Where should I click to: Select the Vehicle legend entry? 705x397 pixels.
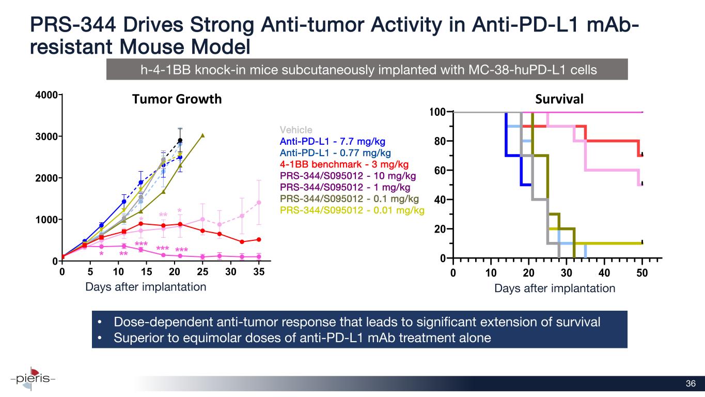pos(296,130)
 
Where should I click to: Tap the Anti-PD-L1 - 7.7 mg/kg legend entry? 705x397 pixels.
pos(332,141)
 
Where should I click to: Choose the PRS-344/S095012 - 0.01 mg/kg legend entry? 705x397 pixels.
pos(352,210)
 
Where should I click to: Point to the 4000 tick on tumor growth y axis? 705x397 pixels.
pos(50,95)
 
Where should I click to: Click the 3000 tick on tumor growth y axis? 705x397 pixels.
pos(50,136)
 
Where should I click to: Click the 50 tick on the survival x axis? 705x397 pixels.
pos(642,272)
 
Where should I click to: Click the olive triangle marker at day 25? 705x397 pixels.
pos(202,135)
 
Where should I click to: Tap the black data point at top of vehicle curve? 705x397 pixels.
pos(180,141)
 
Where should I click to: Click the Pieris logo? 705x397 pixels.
pos(32,378)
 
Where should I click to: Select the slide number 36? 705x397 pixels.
pos(691,384)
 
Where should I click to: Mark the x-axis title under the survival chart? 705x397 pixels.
pos(555,288)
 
